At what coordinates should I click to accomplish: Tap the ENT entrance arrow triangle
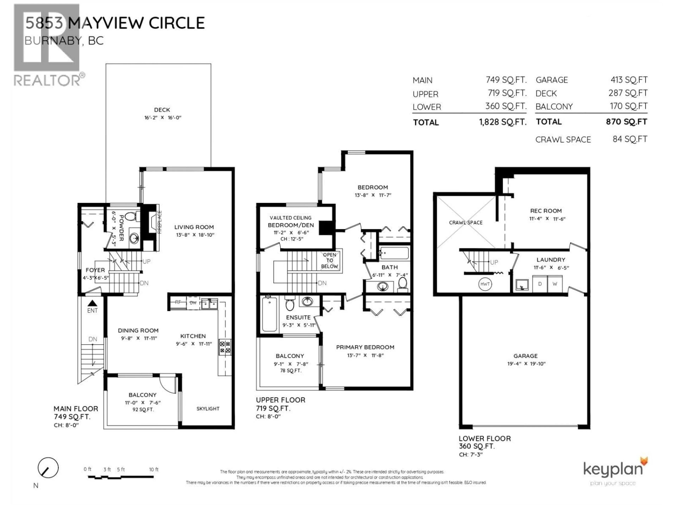[x=92, y=303]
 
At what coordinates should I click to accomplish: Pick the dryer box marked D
[x=540, y=284]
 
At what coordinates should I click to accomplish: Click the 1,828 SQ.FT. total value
[x=503, y=122]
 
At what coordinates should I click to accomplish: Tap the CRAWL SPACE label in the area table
[x=563, y=140]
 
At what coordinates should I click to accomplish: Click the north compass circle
[x=48, y=468]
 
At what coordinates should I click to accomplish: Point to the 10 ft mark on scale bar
[x=153, y=469]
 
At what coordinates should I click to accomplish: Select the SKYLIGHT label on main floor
[x=208, y=409]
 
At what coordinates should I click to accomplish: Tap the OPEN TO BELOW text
[x=329, y=260]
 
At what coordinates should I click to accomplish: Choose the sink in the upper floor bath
[x=383, y=286]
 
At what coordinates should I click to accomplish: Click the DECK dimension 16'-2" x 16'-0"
[x=163, y=118]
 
